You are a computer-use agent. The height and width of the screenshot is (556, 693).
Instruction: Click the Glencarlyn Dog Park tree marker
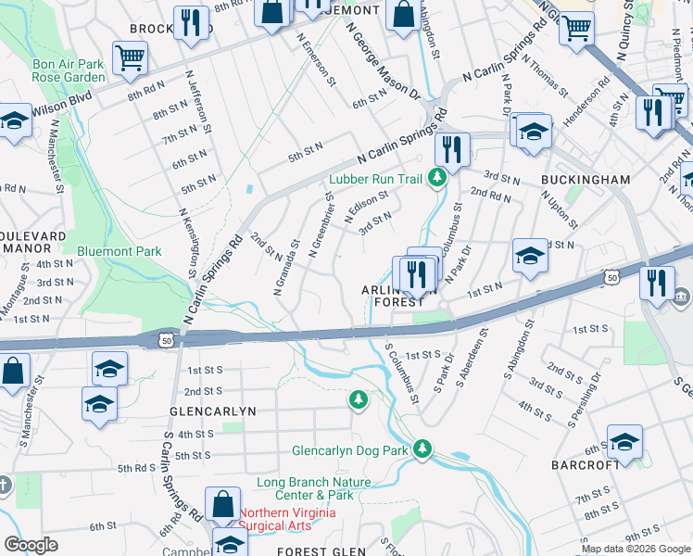coord(422,449)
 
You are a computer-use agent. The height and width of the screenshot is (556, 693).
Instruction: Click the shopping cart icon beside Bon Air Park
coord(130,57)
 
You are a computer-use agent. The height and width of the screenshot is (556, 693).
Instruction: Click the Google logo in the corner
coord(31,545)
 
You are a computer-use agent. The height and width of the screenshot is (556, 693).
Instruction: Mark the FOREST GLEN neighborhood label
coord(315,551)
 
